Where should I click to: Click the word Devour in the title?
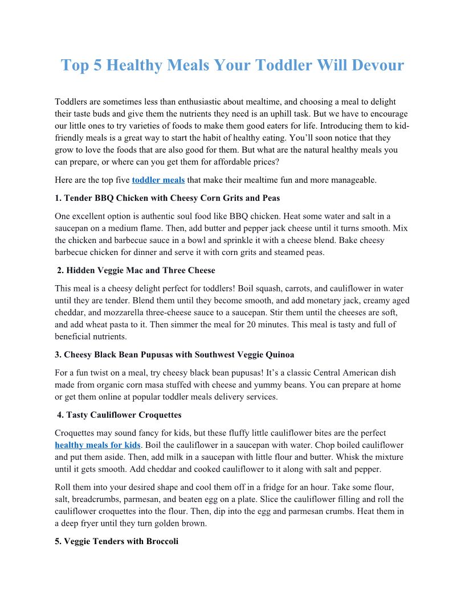[x=376, y=65]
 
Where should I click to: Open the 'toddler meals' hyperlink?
[x=158, y=180]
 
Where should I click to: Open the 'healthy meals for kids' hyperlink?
[x=97, y=444]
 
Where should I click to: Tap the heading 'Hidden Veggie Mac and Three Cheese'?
[x=136, y=270]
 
